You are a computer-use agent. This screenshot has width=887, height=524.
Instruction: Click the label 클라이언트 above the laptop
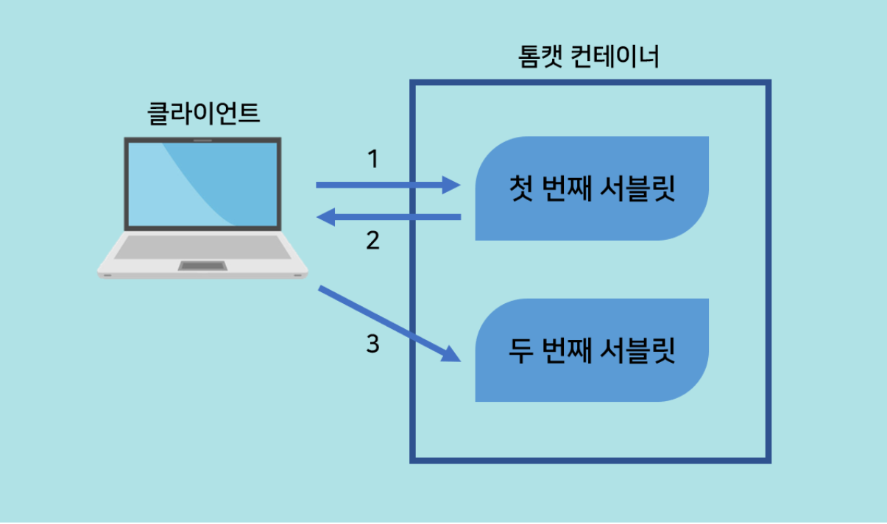tap(204, 114)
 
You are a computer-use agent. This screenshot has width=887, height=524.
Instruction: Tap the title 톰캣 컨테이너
tap(589, 57)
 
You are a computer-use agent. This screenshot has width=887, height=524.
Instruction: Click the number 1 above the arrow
tap(372, 158)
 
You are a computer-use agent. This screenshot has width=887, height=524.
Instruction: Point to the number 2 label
tap(373, 240)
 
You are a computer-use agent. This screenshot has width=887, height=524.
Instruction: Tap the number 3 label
tap(373, 343)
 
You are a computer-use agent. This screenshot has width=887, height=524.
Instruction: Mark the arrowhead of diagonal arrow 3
tap(450, 355)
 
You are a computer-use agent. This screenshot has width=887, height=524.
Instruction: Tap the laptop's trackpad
tap(202, 266)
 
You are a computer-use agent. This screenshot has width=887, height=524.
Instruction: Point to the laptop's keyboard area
tap(202, 246)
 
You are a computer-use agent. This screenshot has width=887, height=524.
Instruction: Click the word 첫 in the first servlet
tap(519, 189)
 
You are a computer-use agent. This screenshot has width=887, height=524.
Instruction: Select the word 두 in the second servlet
tap(519, 351)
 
